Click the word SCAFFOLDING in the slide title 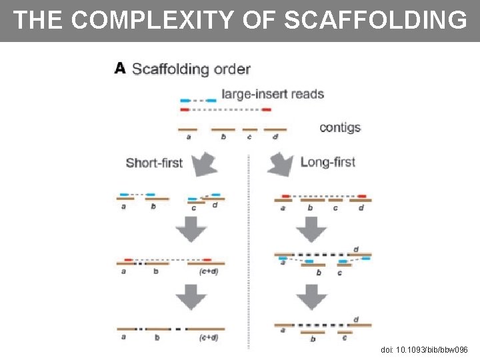pyautogui.click(x=375, y=20)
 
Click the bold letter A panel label pyautogui.click(x=120, y=68)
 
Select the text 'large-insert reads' pyautogui.click(x=273, y=94)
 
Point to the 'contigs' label pyautogui.click(x=340, y=127)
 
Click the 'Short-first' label pyautogui.click(x=154, y=163)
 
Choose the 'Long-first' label pyautogui.click(x=327, y=162)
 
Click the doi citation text pyautogui.click(x=424, y=349)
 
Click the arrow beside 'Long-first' pyautogui.click(x=281, y=164)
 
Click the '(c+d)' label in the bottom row pyautogui.click(x=209, y=337)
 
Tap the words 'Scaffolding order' pyautogui.click(x=191, y=69)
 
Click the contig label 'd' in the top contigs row pyautogui.click(x=275, y=137)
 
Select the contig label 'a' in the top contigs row pyautogui.click(x=188, y=137)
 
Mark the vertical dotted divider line pyautogui.click(x=249, y=253)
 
